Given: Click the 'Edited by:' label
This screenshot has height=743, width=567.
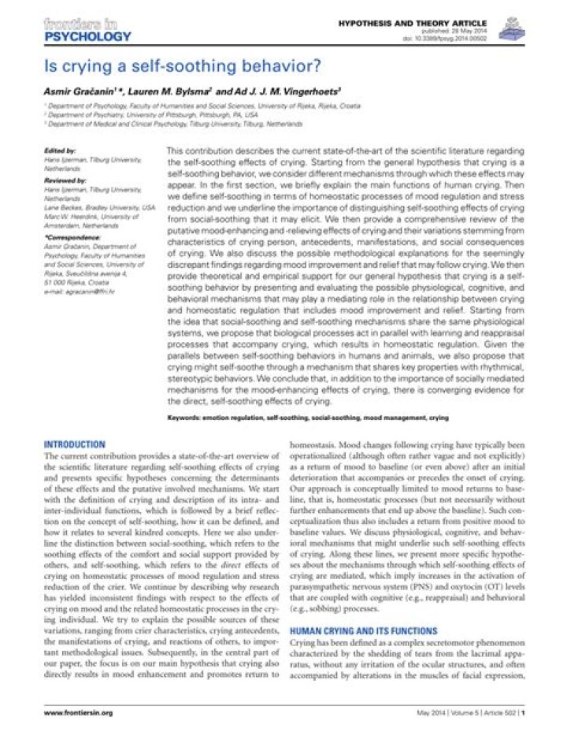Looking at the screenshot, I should (61, 149).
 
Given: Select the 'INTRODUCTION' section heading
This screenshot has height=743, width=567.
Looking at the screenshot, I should (75, 445).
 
